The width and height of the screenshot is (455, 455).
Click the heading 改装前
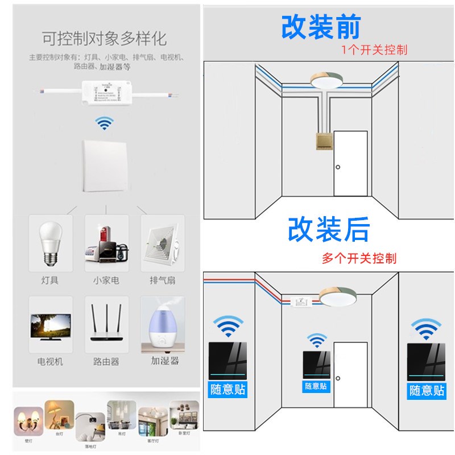click(321, 27)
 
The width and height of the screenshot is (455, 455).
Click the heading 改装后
click(329, 229)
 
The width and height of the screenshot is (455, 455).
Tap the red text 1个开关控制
click(374, 49)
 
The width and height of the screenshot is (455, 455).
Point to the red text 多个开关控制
click(359, 258)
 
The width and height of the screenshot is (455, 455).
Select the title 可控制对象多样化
click(104, 38)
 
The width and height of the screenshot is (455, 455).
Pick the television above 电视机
click(51, 326)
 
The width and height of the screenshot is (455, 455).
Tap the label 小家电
click(106, 280)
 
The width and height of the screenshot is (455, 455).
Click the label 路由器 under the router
click(106, 361)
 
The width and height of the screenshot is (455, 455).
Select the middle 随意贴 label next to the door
click(316, 386)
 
